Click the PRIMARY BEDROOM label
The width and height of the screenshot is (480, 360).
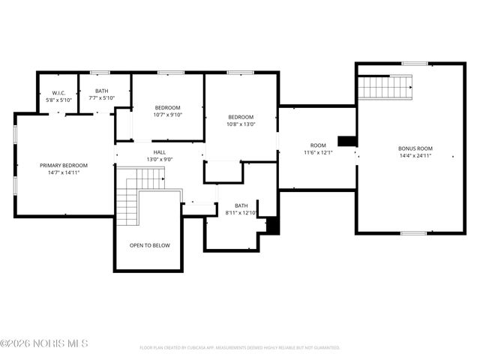pos(64,165)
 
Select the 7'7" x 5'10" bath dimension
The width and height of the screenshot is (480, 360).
pos(102,98)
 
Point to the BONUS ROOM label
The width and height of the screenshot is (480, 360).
pos(415,148)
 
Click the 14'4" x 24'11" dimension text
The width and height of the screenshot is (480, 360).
pos(415,156)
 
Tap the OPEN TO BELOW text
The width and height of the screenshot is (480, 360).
pos(149,245)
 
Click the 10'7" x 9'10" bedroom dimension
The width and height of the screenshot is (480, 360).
pos(168,115)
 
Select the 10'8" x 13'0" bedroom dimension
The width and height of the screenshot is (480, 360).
pos(241,124)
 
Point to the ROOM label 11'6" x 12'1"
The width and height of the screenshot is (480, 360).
pos(318,145)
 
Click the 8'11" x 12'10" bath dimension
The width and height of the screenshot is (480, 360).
pos(241,213)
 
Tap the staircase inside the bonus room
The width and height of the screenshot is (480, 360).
pos(386,88)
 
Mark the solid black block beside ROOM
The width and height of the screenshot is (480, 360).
pos(347,141)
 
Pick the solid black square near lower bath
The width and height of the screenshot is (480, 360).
pos(273,225)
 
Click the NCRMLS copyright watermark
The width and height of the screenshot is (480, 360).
pos(45,343)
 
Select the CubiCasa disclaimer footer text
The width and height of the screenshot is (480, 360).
pos(240,348)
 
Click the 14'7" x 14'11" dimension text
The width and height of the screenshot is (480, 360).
pos(64,172)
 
